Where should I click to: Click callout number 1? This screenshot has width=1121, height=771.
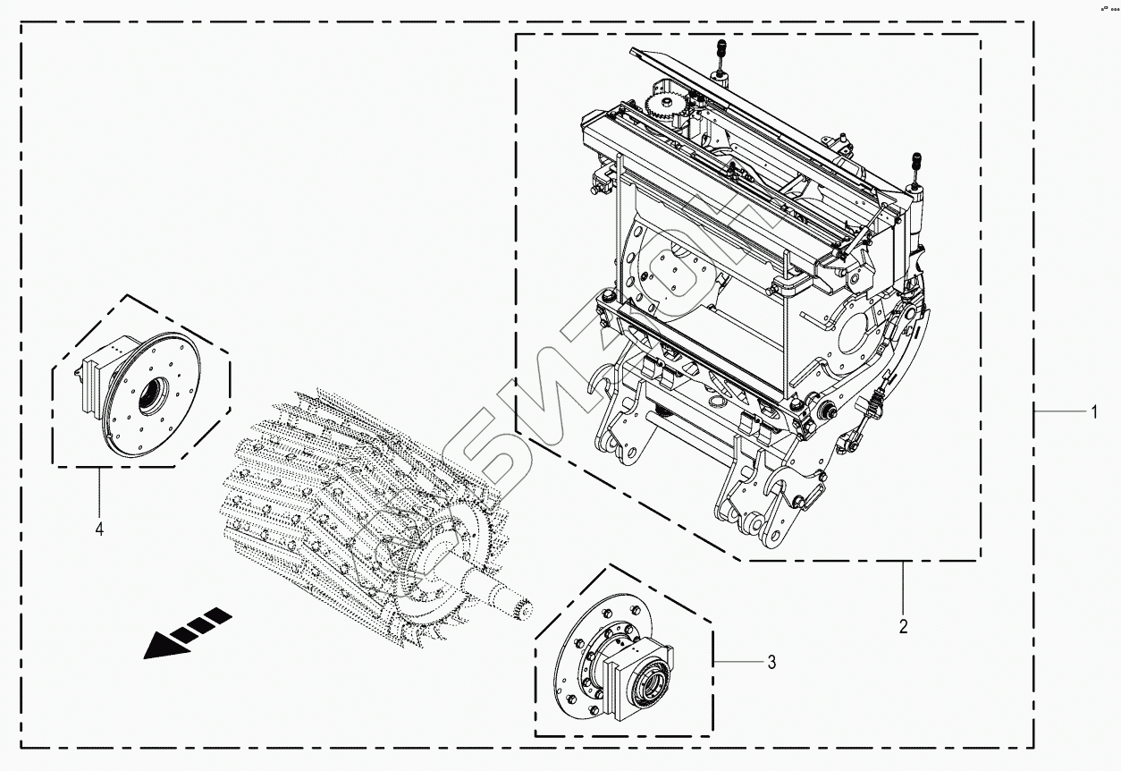(1092, 413)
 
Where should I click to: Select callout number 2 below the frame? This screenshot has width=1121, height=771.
(903, 625)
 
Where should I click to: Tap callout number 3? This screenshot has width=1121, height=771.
(771, 663)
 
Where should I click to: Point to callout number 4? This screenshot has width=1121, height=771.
(99, 530)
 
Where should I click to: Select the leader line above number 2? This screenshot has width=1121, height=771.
(903, 587)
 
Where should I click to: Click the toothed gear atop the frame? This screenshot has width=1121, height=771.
(662, 111)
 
